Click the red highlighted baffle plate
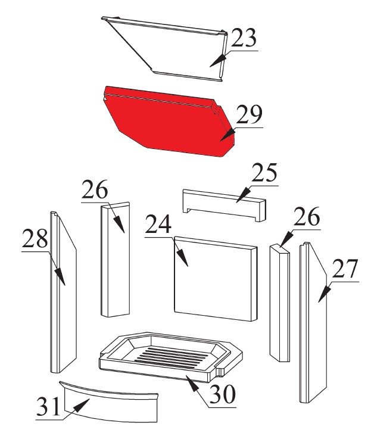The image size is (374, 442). point(169,121)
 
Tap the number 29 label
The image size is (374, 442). point(250,114)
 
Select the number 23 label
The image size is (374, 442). point(244,38)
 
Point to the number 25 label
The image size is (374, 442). point(264,173)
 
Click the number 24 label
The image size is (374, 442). point(158,224)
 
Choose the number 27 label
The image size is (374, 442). point(345,269)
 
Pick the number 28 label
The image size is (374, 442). point(35,238)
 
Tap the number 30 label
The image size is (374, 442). point(223,394)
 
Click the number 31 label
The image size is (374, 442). point(48,406)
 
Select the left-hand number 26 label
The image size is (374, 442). point(95,189)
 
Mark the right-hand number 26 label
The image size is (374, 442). point(307,216)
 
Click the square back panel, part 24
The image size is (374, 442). point(216,279)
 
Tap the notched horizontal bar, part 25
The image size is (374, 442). point(224,205)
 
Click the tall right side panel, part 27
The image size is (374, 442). point(313,322)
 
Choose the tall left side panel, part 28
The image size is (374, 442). point(63,292)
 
